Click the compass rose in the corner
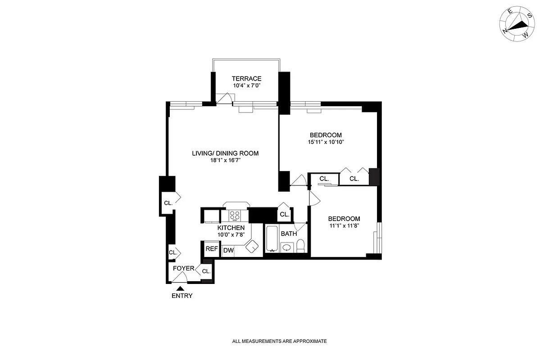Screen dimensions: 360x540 pyautogui.click(x=516, y=26)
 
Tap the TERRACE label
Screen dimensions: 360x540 pyautogui.click(x=246, y=78)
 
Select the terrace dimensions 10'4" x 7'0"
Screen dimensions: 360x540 pyautogui.click(x=246, y=85)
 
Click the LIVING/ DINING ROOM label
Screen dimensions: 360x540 pyautogui.click(x=225, y=153)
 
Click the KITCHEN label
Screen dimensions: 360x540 pyautogui.click(x=231, y=228)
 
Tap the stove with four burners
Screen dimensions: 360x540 pyautogui.click(x=235, y=215)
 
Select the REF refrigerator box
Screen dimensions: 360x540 pyautogui.click(x=212, y=249)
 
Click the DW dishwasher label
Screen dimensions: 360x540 pyautogui.click(x=228, y=251)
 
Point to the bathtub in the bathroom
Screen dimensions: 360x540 pyautogui.click(x=272, y=238)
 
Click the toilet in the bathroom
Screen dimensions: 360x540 pyautogui.click(x=301, y=246)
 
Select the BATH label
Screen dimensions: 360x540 pyautogui.click(x=289, y=234)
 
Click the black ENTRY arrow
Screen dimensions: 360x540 pyautogui.click(x=180, y=288)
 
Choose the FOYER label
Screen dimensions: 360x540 pyautogui.click(x=184, y=269)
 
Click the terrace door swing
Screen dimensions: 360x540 pyautogui.click(x=224, y=99)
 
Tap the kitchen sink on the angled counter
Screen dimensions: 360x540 pyautogui.click(x=252, y=246)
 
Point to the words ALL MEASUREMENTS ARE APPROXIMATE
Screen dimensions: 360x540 pyautogui.click(x=279, y=342)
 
